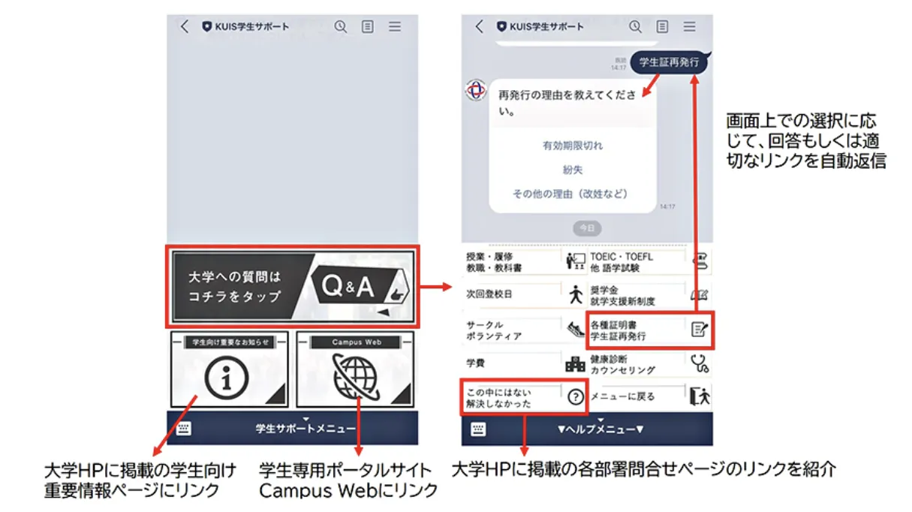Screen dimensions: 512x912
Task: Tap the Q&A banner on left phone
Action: [x=292, y=286]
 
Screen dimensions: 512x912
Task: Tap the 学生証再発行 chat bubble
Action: [x=668, y=63]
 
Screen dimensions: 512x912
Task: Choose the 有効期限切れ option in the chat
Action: [x=572, y=146]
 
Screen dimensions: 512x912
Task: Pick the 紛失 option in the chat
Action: [x=572, y=170]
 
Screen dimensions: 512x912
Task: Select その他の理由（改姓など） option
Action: [x=570, y=194]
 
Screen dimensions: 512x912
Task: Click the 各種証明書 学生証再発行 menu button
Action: [x=649, y=330]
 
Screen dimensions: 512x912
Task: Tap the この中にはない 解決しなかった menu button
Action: [x=523, y=397]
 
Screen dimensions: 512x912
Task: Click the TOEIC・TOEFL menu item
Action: [x=649, y=261]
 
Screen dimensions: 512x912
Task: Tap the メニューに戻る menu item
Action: [x=649, y=397]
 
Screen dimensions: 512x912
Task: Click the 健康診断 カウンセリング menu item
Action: [x=649, y=364]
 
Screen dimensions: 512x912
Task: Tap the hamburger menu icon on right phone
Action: [x=689, y=27]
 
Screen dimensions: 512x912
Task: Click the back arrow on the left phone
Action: [x=185, y=27]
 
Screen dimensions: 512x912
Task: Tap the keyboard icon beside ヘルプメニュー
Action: [x=478, y=429]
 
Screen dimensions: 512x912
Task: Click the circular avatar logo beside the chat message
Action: [x=475, y=90]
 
